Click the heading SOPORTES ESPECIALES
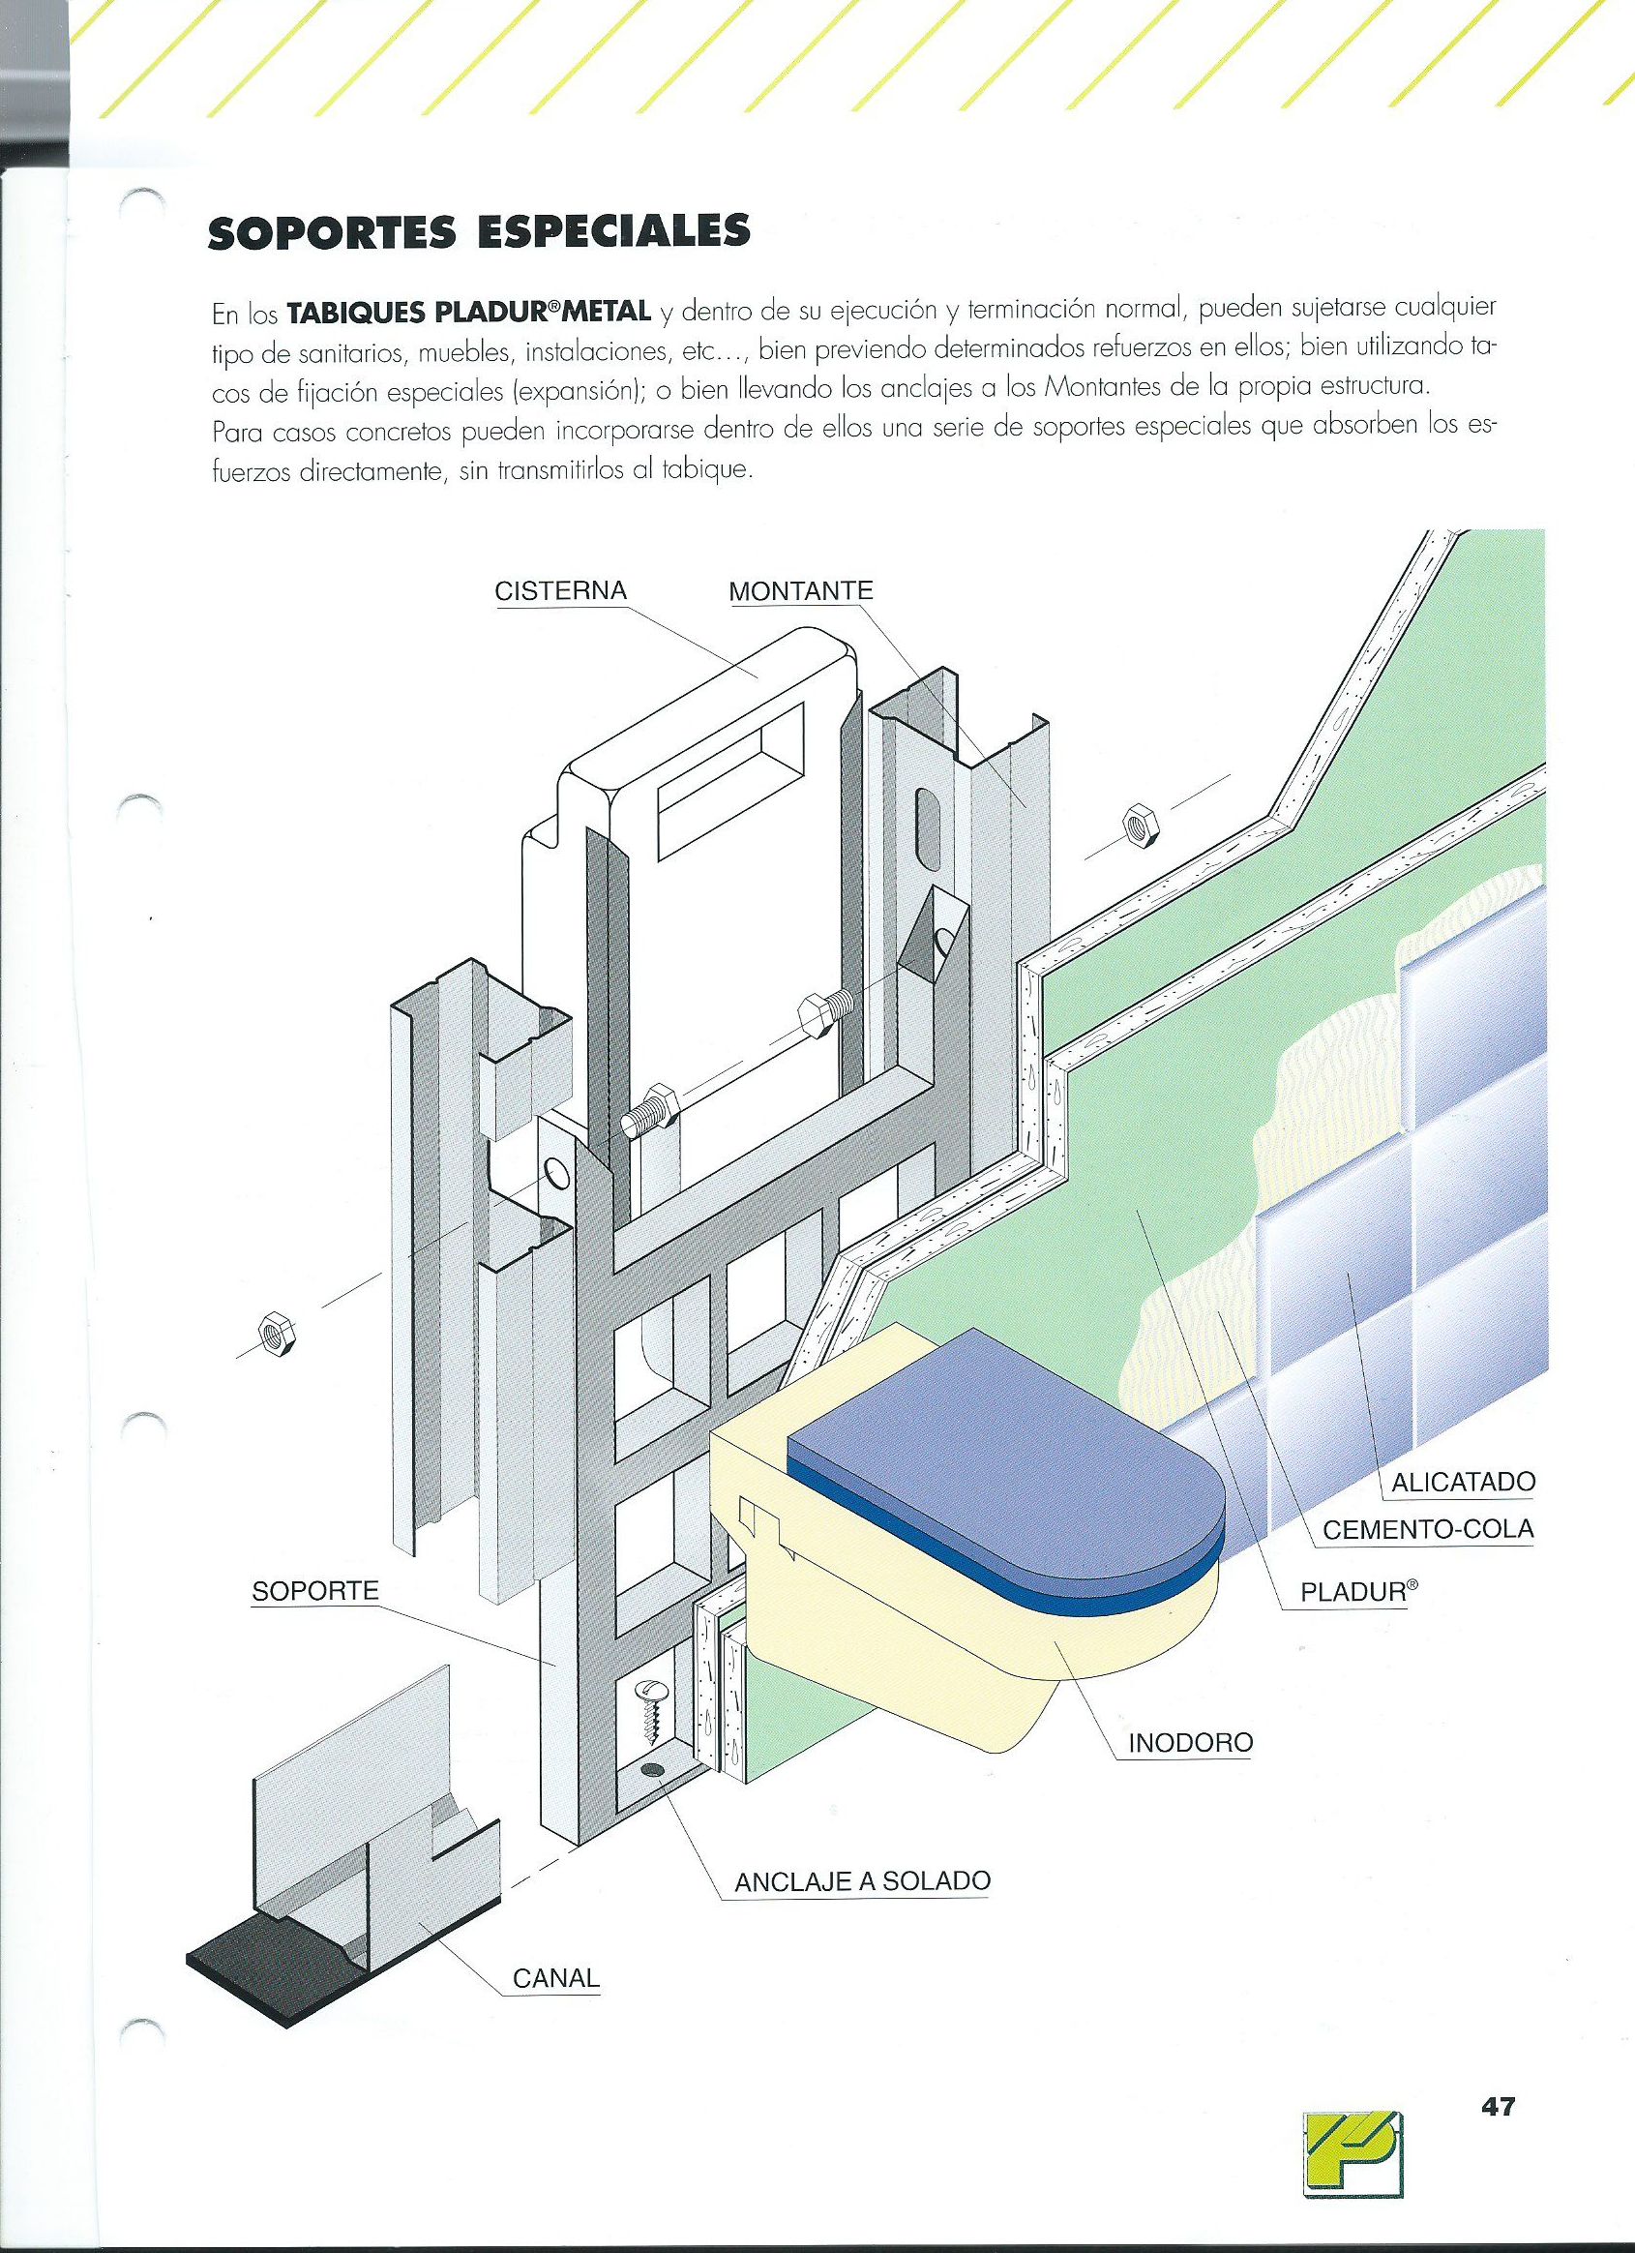pyautogui.click(x=479, y=231)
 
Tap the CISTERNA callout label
pyautogui.click(x=561, y=590)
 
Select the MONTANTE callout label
pyautogui.click(x=801, y=591)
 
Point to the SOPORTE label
pyautogui.click(x=314, y=1590)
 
